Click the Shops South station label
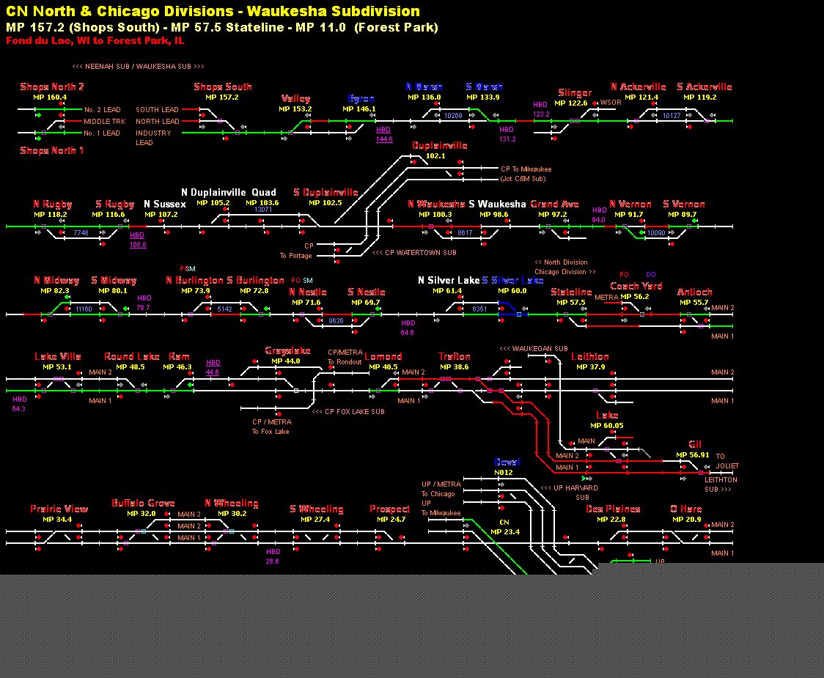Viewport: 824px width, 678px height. point(223,87)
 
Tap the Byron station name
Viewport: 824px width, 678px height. point(361,99)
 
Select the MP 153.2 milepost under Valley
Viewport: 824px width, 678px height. point(295,109)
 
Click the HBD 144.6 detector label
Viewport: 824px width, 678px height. point(384,134)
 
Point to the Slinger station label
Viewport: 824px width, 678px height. point(574,93)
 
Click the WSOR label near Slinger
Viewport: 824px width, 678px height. point(611,103)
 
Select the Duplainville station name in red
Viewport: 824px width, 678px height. point(439,146)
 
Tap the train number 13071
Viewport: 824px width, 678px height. point(263,210)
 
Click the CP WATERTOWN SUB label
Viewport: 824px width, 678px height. point(414,253)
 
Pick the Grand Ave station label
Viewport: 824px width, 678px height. point(554,204)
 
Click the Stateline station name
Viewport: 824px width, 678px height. point(571,292)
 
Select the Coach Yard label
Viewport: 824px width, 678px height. point(636,287)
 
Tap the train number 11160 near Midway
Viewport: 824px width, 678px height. point(84,309)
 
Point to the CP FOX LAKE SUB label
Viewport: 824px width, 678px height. point(348,412)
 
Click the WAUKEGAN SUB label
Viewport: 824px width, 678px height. point(534,349)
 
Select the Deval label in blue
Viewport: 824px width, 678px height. point(507,463)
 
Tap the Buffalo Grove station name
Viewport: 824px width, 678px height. point(143,504)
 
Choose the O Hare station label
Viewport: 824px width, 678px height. point(685,509)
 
